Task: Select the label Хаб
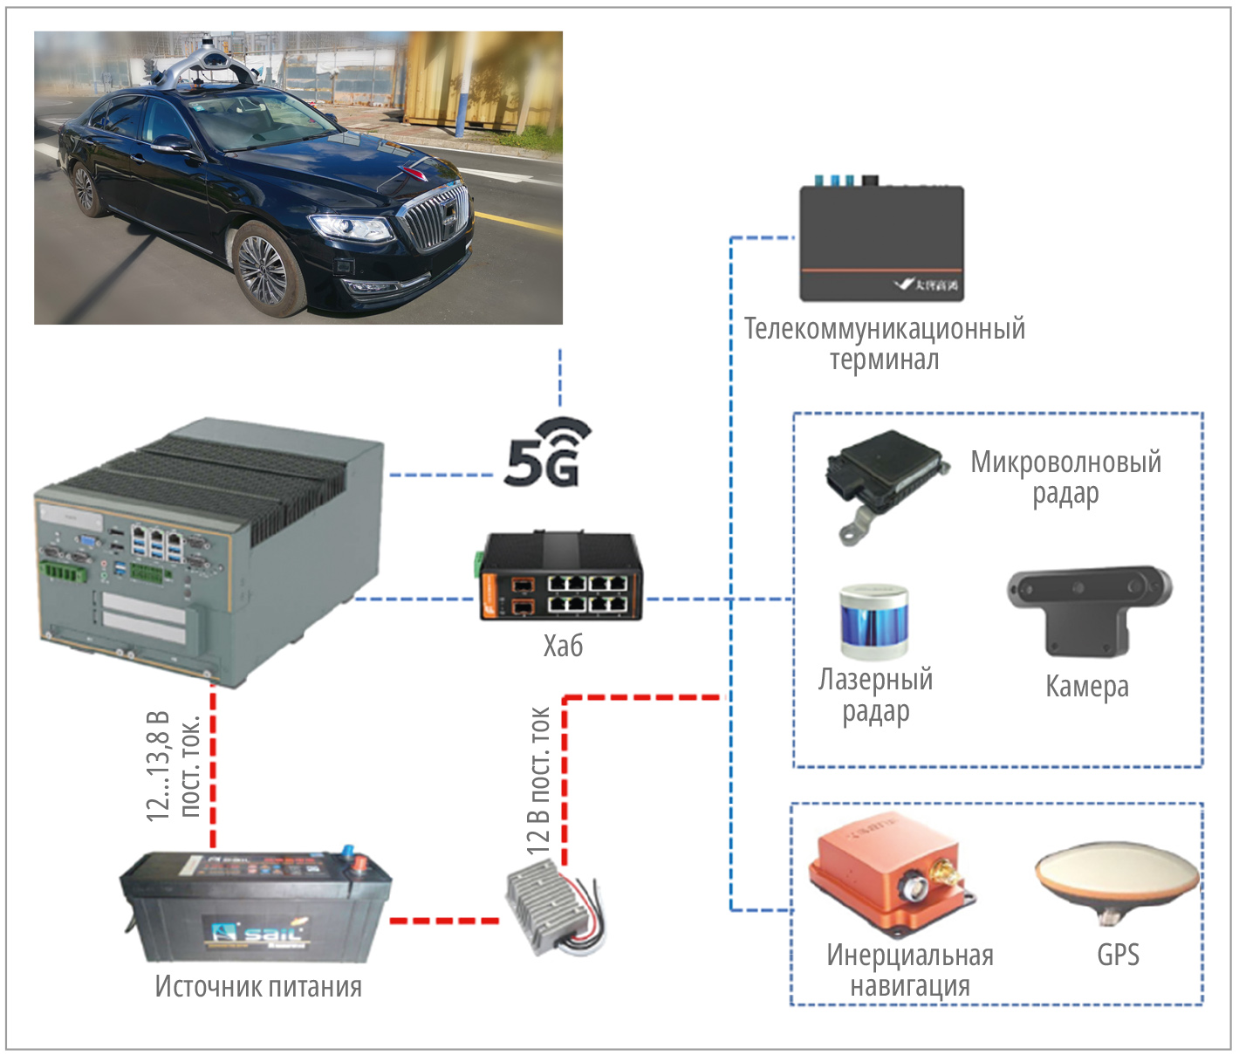click(x=563, y=646)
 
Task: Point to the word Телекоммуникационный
click(x=884, y=329)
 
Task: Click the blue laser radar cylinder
click(x=874, y=621)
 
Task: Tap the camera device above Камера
click(x=1087, y=606)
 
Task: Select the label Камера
click(x=1087, y=687)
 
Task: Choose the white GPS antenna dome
click(x=1116, y=876)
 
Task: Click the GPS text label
click(x=1118, y=955)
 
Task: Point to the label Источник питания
click(x=258, y=987)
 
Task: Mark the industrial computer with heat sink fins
click(x=209, y=550)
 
